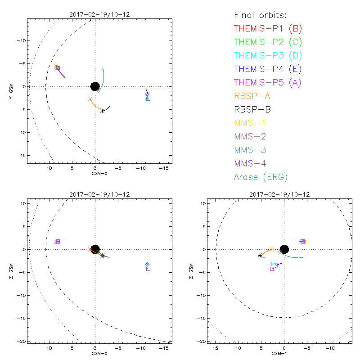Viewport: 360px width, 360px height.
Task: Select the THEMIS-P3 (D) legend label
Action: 268,56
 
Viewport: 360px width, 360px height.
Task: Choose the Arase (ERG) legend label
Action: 261,176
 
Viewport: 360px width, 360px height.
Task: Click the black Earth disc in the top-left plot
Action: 95,86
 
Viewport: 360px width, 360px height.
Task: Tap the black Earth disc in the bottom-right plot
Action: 284,249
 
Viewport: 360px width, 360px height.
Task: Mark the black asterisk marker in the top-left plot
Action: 103,111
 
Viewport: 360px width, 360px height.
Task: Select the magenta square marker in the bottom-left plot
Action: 148,269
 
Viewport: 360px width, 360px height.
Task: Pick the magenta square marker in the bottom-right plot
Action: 272,269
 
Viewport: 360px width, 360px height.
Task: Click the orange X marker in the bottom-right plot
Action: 271,249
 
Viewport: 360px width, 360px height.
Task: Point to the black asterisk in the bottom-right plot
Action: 260,255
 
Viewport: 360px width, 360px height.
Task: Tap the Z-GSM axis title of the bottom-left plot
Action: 10,272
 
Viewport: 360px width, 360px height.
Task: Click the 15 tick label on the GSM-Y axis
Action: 216,348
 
